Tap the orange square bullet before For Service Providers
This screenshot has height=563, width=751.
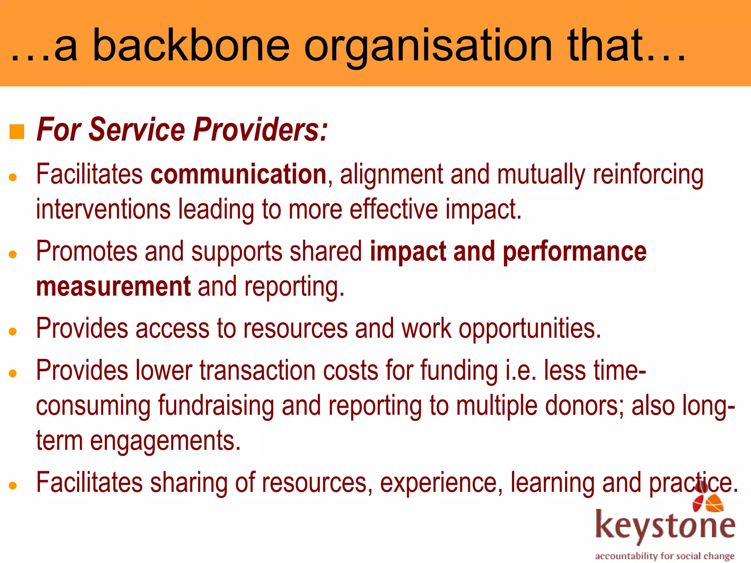[x=17, y=132]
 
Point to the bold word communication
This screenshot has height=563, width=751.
[x=238, y=174]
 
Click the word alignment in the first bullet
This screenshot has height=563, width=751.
[x=391, y=174]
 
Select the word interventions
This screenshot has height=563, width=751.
[x=103, y=209]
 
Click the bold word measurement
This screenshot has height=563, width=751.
[x=113, y=286]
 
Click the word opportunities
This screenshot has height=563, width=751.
[x=530, y=328]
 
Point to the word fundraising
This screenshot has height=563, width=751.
[x=216, y=406]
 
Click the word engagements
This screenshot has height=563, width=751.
[x=165, y=441]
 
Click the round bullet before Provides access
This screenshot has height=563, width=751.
[x=13, y=332]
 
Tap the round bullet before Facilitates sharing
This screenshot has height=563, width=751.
[x=13, y=486]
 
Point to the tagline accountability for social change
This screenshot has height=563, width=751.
[x=664, y=556]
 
